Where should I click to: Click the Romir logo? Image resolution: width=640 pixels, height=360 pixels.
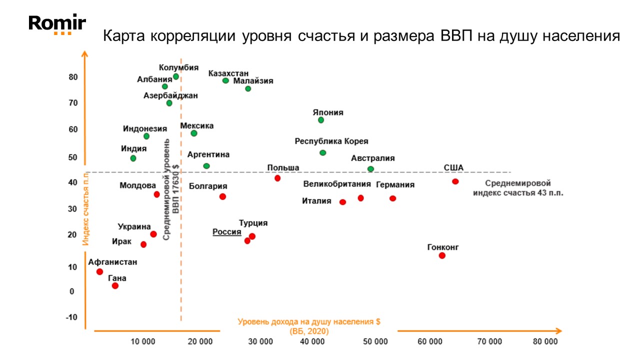click(x=57, y=24)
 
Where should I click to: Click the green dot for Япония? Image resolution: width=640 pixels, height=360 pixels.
click(x=321, y=120)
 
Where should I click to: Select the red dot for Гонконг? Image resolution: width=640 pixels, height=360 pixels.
click(x=442, y=255)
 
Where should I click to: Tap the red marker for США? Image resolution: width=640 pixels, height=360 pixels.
click(x=455, y=181)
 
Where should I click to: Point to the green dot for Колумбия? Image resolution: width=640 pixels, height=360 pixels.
click(x=176, y=76)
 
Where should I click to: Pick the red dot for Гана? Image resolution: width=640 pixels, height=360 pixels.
click(x=115, y=285)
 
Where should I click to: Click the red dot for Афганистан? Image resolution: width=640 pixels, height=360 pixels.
click(x=100, y=271)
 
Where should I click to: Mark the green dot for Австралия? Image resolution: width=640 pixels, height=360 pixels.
click(x=370, y=169)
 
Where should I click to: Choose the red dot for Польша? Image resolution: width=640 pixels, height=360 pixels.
click(x=277, y=178)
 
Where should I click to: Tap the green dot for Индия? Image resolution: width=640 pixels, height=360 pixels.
click(x=133, y=158)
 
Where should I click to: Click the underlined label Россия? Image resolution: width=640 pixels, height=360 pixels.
click(x=226, y=232)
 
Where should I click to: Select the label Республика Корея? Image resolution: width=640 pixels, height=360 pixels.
click(x=331, y=141)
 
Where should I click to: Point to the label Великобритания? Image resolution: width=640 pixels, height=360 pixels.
click(x=337, y=184)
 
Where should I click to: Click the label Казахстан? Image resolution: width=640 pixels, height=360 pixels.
click(x=228, y=73)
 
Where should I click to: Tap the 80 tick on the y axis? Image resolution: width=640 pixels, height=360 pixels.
click(x=73, y=77)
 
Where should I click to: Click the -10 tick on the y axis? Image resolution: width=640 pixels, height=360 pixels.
click(x=71, y=317)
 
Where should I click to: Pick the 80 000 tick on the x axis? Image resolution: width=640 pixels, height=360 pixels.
click(x=544, y=341)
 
